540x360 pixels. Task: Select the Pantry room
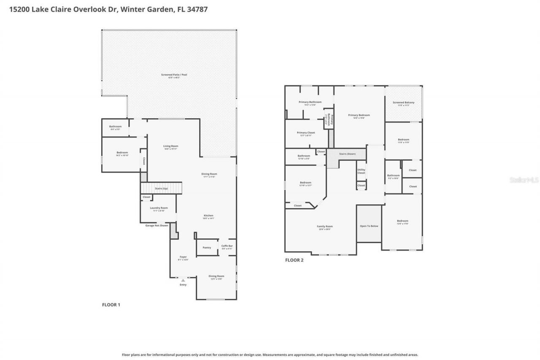point(207,248)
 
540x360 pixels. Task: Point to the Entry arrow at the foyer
point(183,280)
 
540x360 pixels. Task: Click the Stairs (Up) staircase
point(161,188)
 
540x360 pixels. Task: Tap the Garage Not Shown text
point(157,225)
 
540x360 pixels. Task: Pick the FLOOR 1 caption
point(111,305)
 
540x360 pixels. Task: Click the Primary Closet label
point(306,133)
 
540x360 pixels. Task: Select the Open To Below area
point(369,226)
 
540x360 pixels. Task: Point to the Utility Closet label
point(361,171)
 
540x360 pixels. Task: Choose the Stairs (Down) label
point(347,154)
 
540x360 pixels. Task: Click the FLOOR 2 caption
point(294,260)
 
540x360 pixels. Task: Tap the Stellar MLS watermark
point(524,180)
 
